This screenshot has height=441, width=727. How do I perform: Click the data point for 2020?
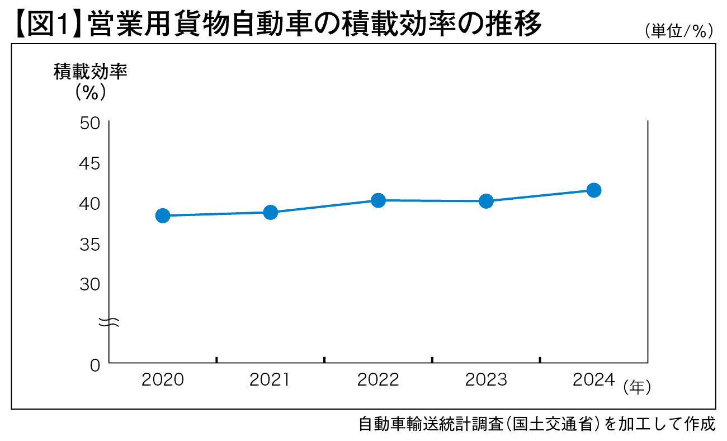163,215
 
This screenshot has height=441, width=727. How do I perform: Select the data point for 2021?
270,212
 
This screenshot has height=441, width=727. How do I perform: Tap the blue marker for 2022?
378,200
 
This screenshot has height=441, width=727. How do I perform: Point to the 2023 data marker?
486,201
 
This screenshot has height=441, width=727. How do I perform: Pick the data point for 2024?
593,190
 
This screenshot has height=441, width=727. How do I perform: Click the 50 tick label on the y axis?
89,124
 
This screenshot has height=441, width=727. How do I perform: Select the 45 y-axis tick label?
89,163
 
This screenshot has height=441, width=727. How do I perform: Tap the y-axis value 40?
89,204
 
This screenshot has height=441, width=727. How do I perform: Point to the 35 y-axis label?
89,244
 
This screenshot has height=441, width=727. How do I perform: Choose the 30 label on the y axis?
89,284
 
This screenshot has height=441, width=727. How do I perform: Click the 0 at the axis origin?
95,365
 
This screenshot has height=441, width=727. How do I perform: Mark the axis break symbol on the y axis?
108,322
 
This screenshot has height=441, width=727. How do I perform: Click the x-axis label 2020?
163,379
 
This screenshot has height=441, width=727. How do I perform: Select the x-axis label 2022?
378,379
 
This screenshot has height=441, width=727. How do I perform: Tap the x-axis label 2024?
593,379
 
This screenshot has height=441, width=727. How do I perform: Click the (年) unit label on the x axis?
637,387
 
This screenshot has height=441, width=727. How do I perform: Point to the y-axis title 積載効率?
90,72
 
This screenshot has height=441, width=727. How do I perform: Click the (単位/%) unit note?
679,31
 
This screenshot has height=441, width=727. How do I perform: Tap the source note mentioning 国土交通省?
537,424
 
